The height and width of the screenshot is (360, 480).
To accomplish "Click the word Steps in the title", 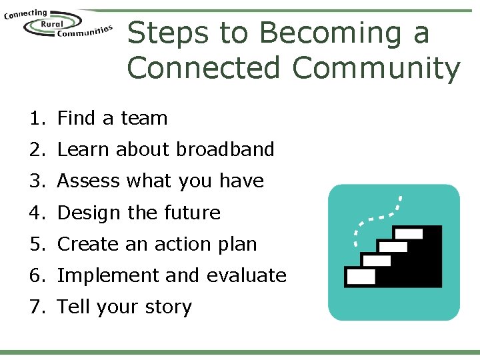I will tap(168, 33).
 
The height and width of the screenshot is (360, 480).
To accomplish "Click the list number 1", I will tap(35, 119).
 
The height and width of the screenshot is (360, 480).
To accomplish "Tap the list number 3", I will tap(35, 181).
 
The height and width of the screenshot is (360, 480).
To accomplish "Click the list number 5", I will tap(35, 244).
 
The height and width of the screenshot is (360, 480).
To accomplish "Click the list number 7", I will tap(35, 307).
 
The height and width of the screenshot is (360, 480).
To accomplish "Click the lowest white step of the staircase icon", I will tap(361, 275).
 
